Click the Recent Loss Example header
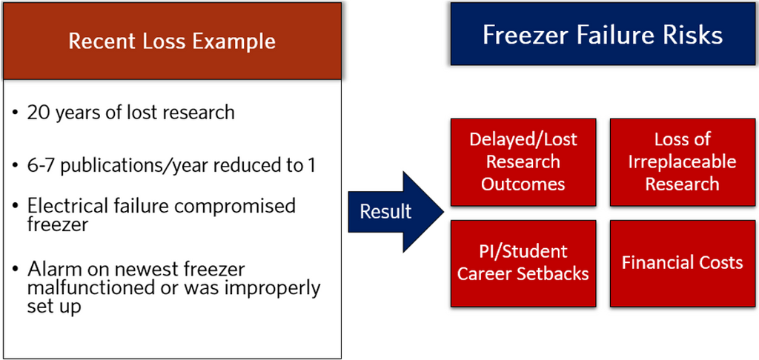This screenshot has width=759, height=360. (x=171, y=41)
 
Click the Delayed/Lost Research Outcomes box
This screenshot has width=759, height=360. (x=523, y=161)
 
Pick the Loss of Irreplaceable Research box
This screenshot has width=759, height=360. (x=682, y=161)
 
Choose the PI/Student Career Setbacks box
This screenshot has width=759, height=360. (x=523, y=262)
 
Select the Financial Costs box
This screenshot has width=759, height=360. (x=682, y=262)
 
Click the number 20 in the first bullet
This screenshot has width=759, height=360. (x=38, y=113)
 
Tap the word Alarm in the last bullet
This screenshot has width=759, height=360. (x=51, y=267)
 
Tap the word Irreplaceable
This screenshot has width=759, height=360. (x=682, y=161)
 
